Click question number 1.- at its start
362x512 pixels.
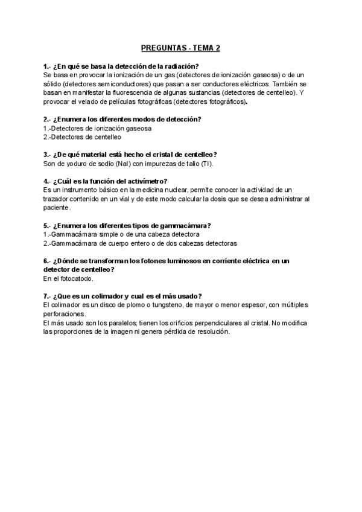tap(48, 66)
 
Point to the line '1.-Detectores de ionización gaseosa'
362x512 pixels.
tap(97, 128)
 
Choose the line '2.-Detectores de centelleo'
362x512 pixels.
tap(82, 137)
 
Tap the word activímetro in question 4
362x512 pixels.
tap(145, 181)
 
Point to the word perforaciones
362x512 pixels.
tap(65, 314)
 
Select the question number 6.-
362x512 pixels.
tap(48, 261)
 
